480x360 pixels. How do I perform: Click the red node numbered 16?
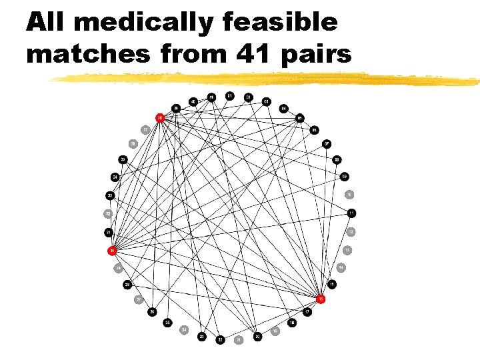(x=321, y=299)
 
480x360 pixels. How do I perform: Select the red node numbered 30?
(x=113, y=251)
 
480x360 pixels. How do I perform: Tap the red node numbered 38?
(x=160, y=118)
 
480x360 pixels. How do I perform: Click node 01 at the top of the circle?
(x=229, y=95)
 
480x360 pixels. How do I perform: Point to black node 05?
(x=300, y=118)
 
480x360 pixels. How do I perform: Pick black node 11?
(x=351, y=213)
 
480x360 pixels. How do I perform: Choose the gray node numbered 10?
(x=349, y=195)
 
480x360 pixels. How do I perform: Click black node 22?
(x=220, y=339)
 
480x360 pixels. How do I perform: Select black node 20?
(x=257, y=337)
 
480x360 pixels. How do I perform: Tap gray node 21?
(x=239, y=339)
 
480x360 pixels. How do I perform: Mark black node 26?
(x=153, y=311)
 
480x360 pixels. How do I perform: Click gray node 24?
(x=184, y=330)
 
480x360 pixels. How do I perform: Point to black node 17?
(x=307, y=312)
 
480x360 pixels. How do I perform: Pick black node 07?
(x=327, y=143)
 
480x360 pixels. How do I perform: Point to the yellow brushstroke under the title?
(x=267, y=79)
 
